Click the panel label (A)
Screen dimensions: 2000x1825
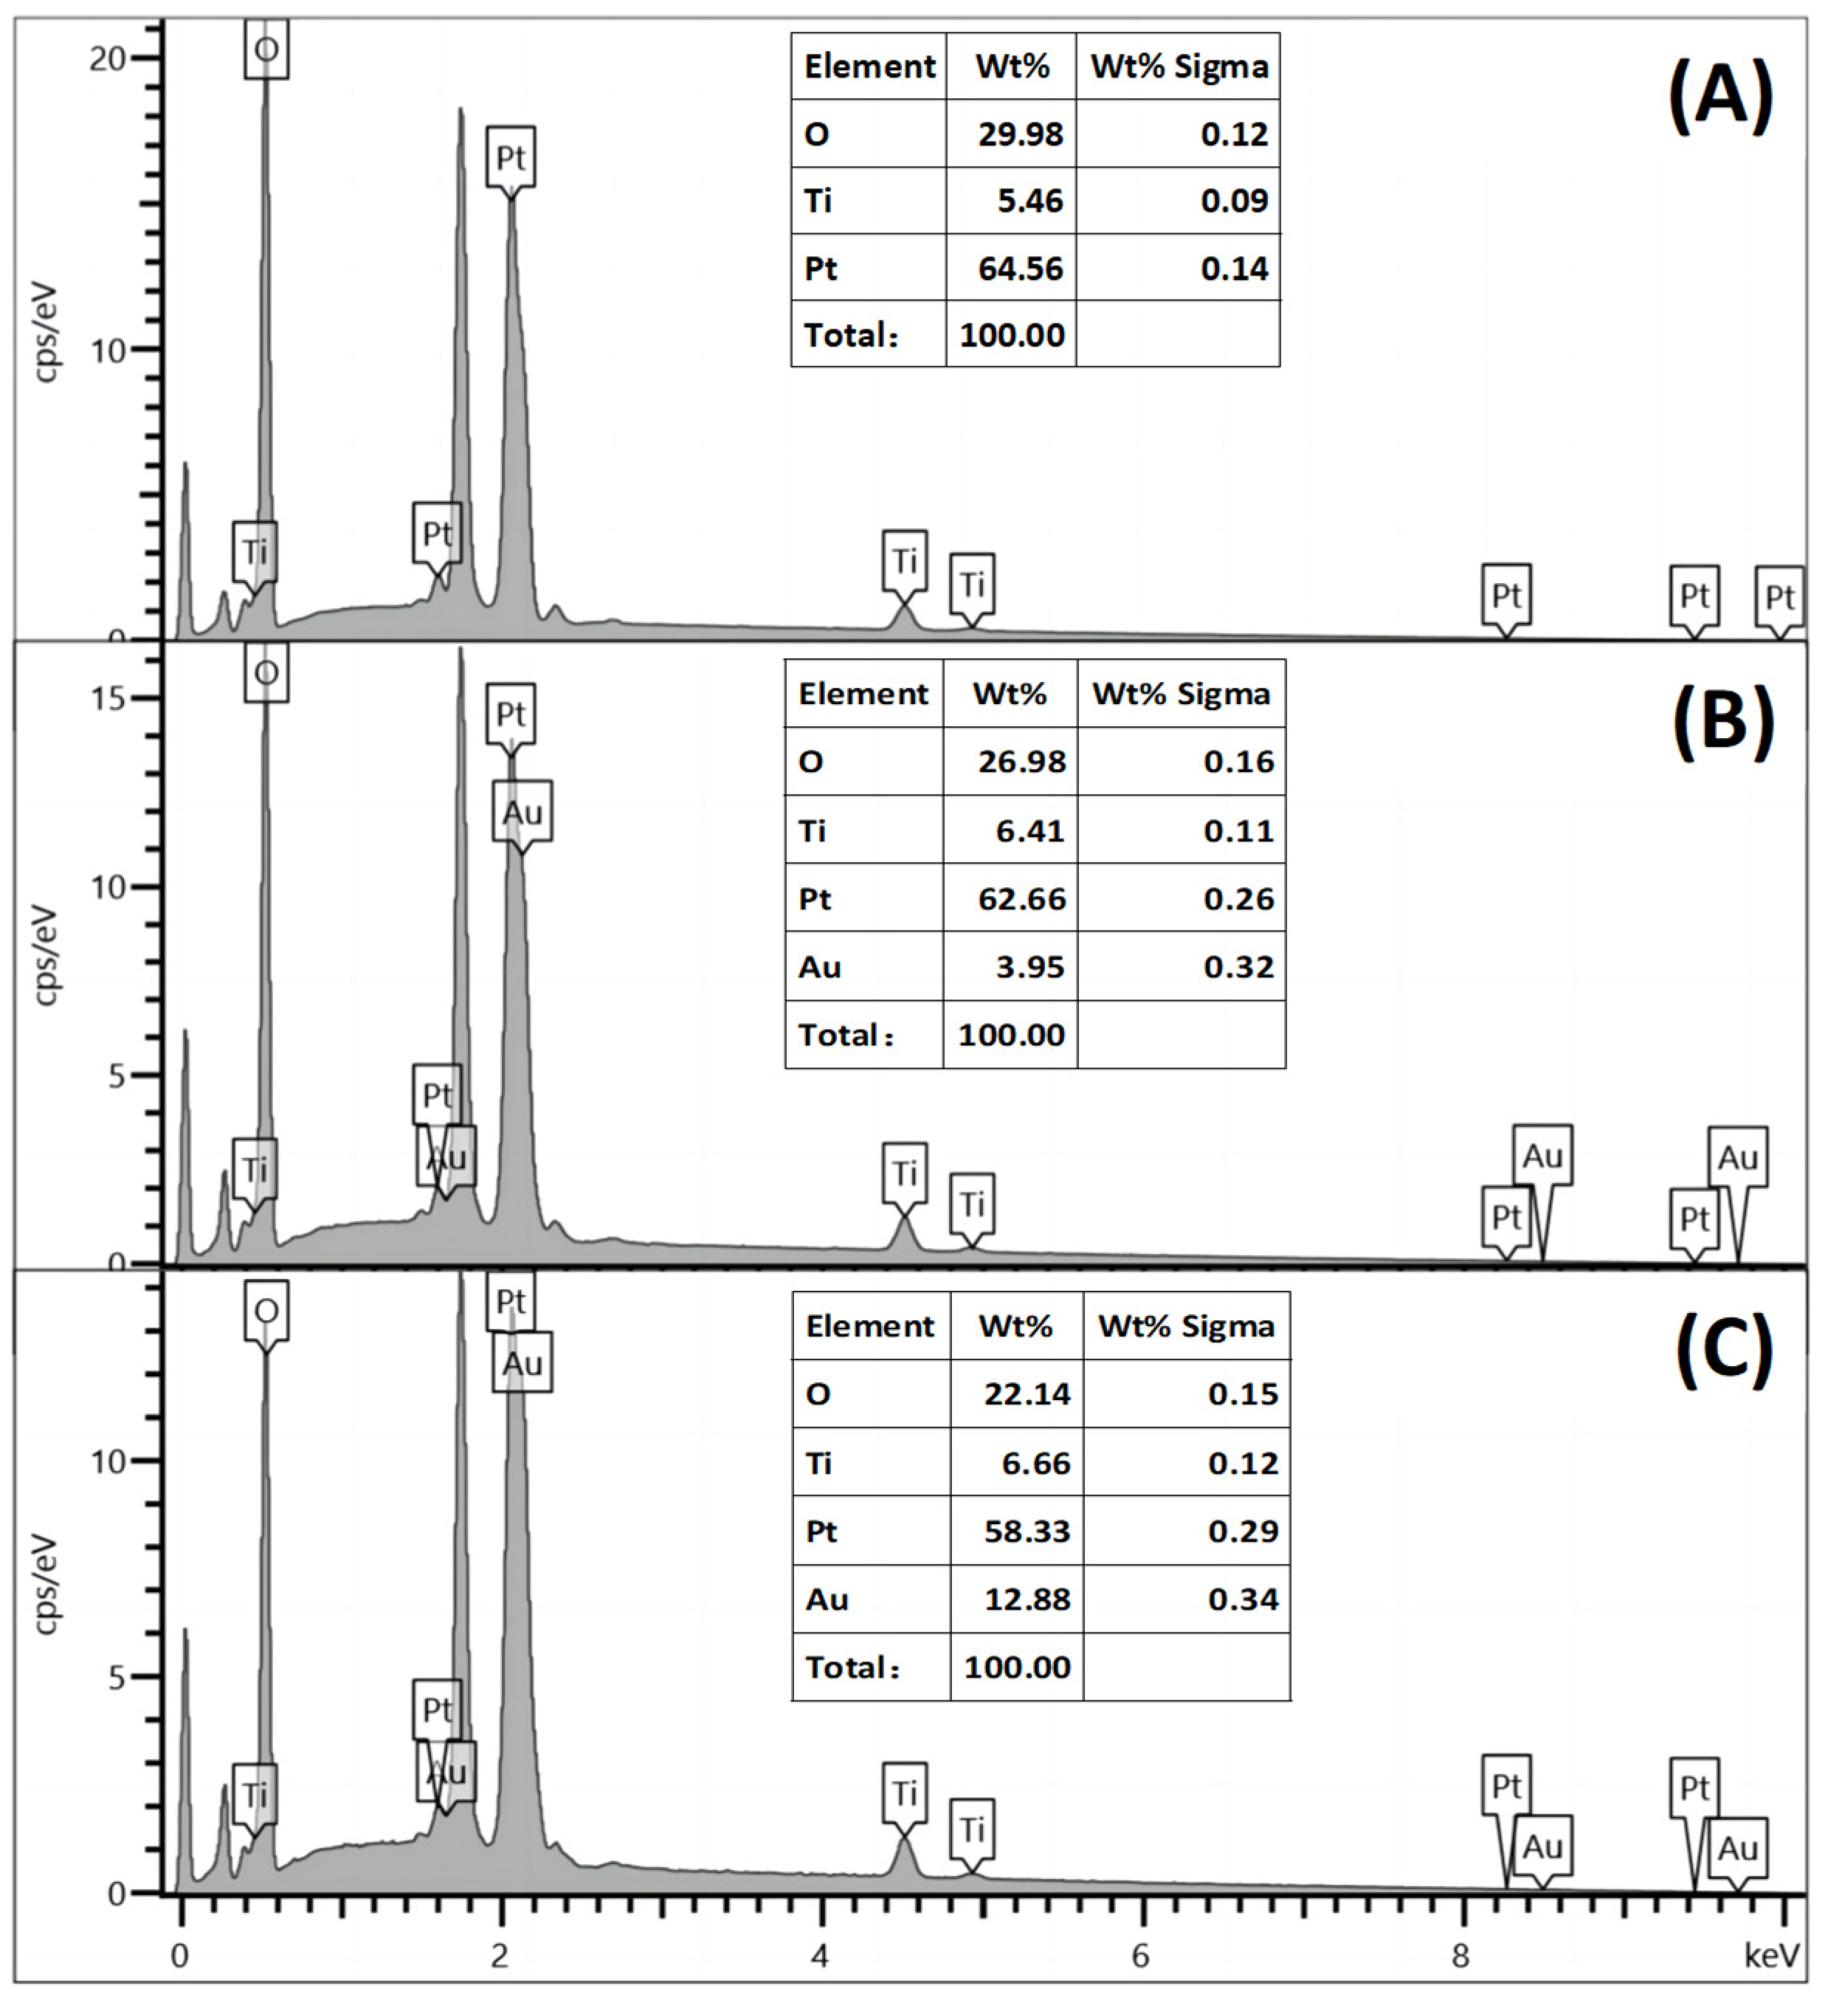point(1722,96)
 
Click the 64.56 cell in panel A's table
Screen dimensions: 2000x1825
point(1020,268)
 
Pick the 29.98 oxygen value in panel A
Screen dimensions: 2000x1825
point(1020,133)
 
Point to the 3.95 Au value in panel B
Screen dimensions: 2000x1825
point(1029,966)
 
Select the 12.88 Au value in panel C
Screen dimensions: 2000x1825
point(1027,1599)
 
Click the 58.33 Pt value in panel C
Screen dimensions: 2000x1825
point(1027,1531)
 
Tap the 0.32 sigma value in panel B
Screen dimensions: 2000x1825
point(1239,966)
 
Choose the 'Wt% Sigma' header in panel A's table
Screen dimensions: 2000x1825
point(1179,66)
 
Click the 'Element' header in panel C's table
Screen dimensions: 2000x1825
point(870,1325)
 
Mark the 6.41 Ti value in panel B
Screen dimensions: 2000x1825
point(1029,830)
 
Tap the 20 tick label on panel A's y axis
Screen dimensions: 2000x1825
point(107,58)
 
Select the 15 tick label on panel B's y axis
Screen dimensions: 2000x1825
point(107,698)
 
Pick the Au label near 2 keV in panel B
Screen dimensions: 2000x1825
point(522,812)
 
